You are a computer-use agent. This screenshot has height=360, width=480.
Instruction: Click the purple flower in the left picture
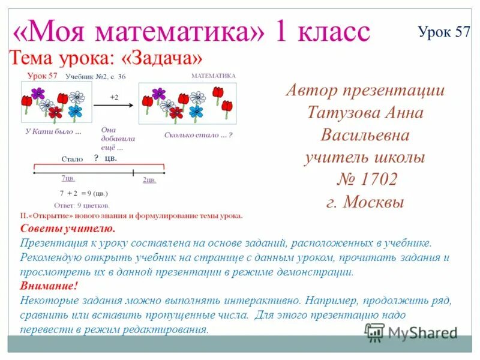tap(38, 93)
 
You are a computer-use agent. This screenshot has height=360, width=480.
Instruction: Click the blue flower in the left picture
tap(74, 110)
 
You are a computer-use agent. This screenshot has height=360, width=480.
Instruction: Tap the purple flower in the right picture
tap(158, 94)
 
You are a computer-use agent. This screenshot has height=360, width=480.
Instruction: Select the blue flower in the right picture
tap(195, 111)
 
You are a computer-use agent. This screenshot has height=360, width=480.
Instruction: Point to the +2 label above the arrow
tap(114, 96)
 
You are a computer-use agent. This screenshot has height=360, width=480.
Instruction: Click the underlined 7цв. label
tap(68, 179)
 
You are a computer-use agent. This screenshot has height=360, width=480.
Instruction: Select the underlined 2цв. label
tap(149, 179)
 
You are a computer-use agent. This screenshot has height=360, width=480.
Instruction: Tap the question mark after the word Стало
tap(95, 158)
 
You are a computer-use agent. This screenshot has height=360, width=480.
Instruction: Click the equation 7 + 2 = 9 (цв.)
tap(84, 193)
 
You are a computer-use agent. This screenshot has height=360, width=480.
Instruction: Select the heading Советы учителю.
tap(67, 229)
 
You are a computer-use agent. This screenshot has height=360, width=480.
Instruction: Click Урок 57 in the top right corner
tap(444, 32)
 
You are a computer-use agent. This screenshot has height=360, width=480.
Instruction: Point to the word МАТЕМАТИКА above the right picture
tap(213, 76)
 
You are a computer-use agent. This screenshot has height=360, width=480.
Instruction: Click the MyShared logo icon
tap(375, 332)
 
